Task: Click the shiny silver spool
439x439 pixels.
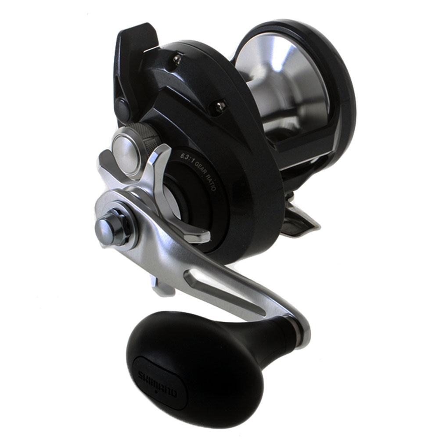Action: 281,83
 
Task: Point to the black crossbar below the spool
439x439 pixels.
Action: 303,145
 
